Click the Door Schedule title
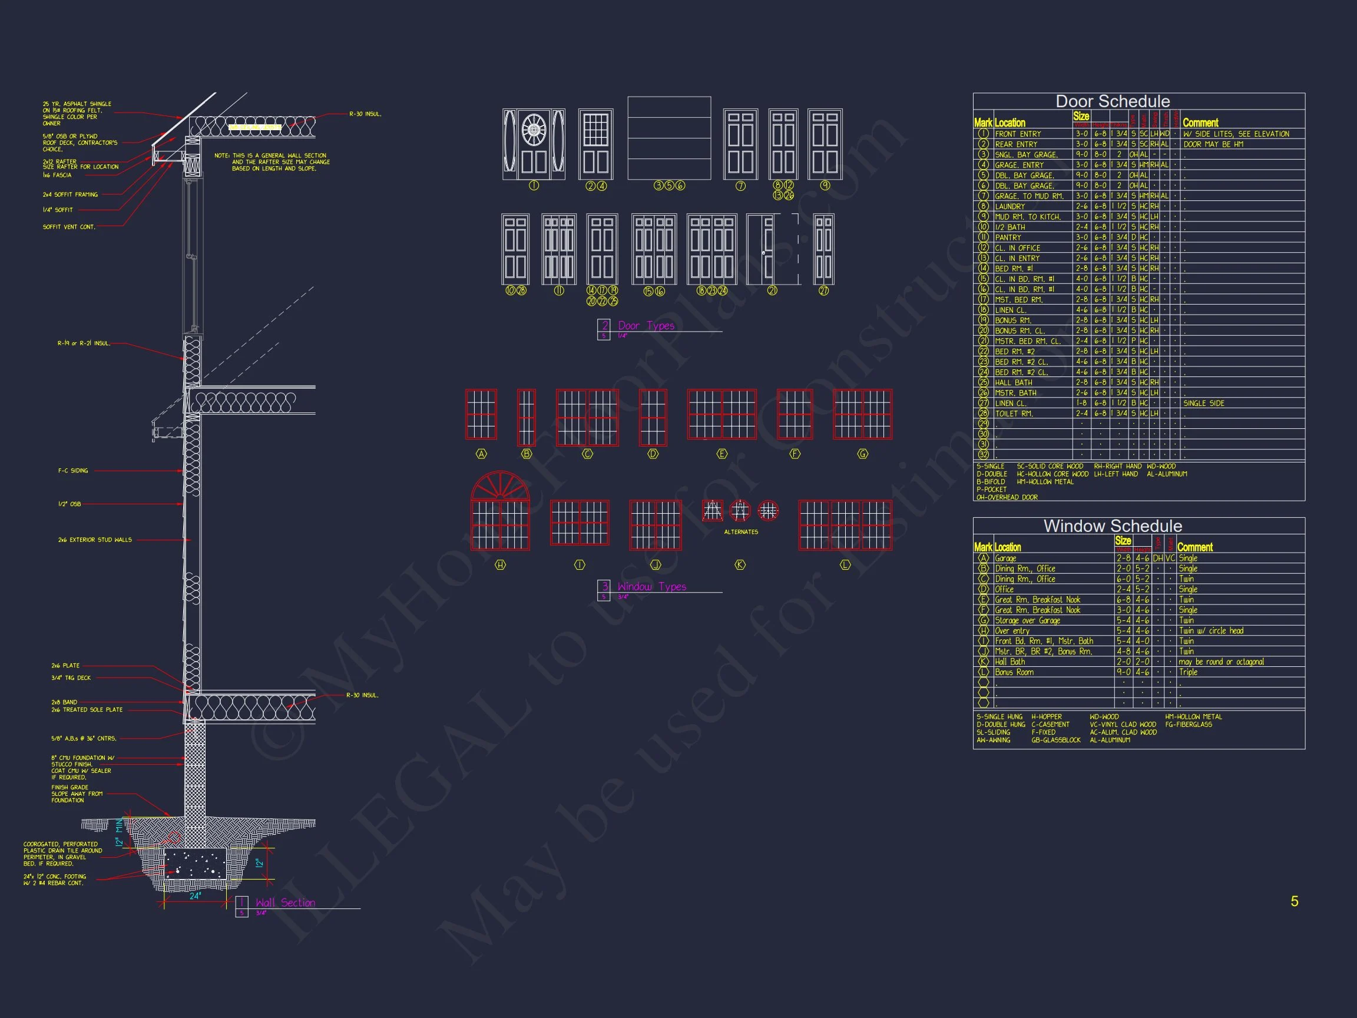(1112, 101)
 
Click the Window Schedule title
(1112, 526)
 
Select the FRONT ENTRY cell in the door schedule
(1018, 134)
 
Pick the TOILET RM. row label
(1014, 414)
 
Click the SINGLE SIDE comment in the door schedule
(1204, 403)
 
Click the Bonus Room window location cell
(1014, 672)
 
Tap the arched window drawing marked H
(500, 511)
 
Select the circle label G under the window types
(862, 454)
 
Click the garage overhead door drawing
(668, 138)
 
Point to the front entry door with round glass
(534, 144)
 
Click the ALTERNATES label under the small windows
(740, 532)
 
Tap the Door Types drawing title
(646, 326)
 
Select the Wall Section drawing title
(285, 903)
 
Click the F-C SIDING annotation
(73, 471)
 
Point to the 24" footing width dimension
(194, 897)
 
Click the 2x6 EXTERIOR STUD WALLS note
(95, 540)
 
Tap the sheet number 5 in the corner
(1294, 901)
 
